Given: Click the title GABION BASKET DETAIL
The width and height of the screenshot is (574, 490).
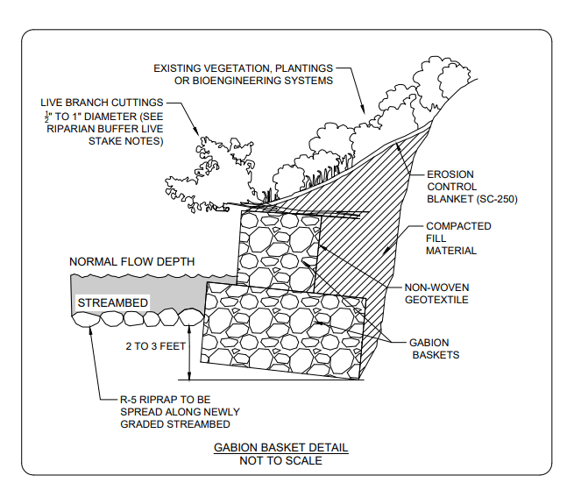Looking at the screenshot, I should (x=280, y=448).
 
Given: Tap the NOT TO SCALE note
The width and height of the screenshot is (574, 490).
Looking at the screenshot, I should (x=280, y=461).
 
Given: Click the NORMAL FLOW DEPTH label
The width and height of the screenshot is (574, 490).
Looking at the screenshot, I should (x=132, y=262).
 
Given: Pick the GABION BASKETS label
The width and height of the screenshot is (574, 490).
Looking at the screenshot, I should (x=436, y=349).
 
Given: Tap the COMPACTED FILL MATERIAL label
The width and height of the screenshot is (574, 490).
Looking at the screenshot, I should (x=458, y=238).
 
